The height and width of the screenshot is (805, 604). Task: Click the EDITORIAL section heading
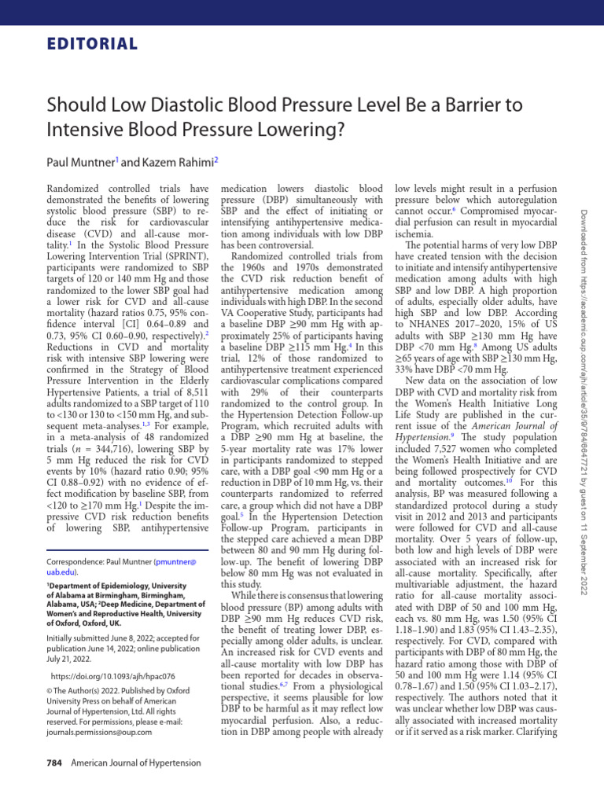point(87,44)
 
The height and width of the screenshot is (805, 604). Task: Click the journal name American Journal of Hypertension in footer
point(136,763)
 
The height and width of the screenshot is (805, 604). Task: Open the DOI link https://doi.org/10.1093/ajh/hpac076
point(112,675)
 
